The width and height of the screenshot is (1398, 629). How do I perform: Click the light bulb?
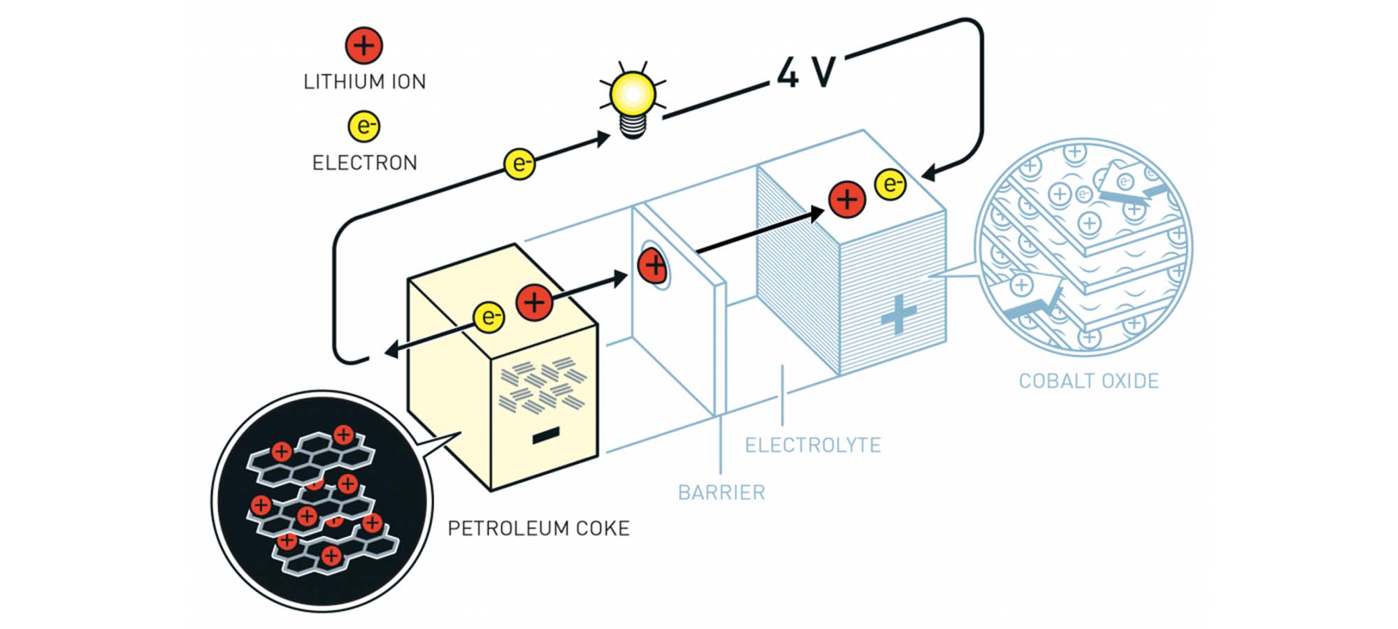(633, 98)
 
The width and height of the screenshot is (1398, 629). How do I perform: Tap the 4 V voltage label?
(807, 72)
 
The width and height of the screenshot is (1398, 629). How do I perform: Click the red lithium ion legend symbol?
(363, 45)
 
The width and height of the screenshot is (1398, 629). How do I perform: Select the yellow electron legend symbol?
(363, 126)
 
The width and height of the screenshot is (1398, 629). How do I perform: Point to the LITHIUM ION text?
(364, 82)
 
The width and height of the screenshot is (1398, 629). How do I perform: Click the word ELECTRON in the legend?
(364, 163)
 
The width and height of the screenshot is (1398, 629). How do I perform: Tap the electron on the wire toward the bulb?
(519, 164)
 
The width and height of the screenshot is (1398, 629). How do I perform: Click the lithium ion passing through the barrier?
(654, 266)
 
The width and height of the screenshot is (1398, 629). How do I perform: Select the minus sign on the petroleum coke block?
(545, 436)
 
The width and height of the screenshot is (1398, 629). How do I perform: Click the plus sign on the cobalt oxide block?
(898, 314)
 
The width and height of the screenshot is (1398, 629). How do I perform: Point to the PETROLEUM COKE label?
(538, 528)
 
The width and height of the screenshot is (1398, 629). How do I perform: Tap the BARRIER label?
(721, 493)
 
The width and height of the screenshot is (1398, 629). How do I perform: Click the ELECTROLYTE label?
(812, 445)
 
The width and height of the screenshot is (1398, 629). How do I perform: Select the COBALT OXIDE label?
(1088, 381)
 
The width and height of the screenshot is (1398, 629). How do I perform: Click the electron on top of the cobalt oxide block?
(891, 184)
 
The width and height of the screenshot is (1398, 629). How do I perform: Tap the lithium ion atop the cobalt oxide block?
(847, 199)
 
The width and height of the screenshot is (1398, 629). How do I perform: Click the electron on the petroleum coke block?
(489, 317)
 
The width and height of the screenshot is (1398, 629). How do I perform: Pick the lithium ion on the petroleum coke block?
(535, 303)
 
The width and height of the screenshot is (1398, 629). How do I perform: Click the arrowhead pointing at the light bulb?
(603, 138)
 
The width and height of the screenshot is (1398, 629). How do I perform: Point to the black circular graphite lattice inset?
(322, 500)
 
